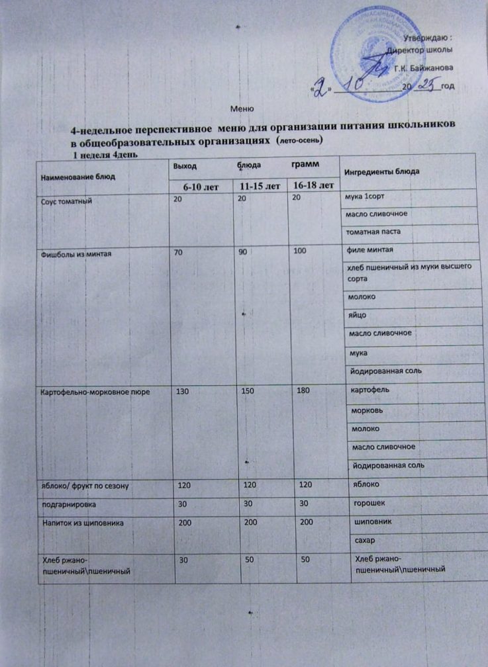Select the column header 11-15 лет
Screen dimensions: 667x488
tap(259, 187)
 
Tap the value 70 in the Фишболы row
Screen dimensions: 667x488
tap(179, 252)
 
